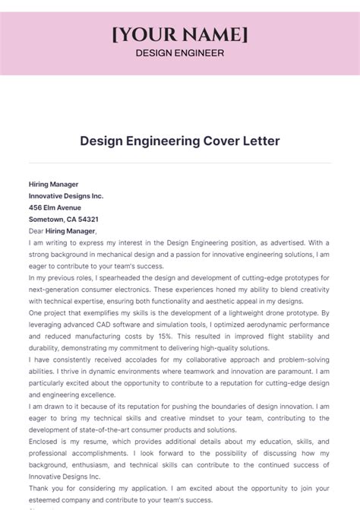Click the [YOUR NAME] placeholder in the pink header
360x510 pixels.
click(x=180, y=35)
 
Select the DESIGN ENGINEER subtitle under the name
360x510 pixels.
click(x=179, y=53)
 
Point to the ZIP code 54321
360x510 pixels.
click(x=84, y=219)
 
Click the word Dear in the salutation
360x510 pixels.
click(x=36, y=231)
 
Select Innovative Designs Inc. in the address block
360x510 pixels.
click(x=66, y=195)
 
